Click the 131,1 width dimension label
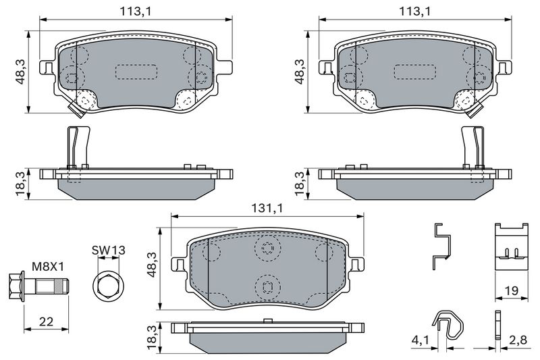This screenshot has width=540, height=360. tap(267, 208)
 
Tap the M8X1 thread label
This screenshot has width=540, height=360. tap(48, 266)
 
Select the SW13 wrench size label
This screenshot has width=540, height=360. tap(109, 250)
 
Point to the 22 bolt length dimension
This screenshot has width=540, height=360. tap(46, 322)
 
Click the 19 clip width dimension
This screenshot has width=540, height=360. tap(511, 290)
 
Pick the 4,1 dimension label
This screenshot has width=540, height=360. tap(420, 340)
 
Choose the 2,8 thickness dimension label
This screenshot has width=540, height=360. tap(518, 340)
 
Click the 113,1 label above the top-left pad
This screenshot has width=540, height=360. tap(136, 11)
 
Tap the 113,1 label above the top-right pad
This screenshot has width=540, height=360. tap(415, 11)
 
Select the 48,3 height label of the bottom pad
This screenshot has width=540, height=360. tap(152, 264)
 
